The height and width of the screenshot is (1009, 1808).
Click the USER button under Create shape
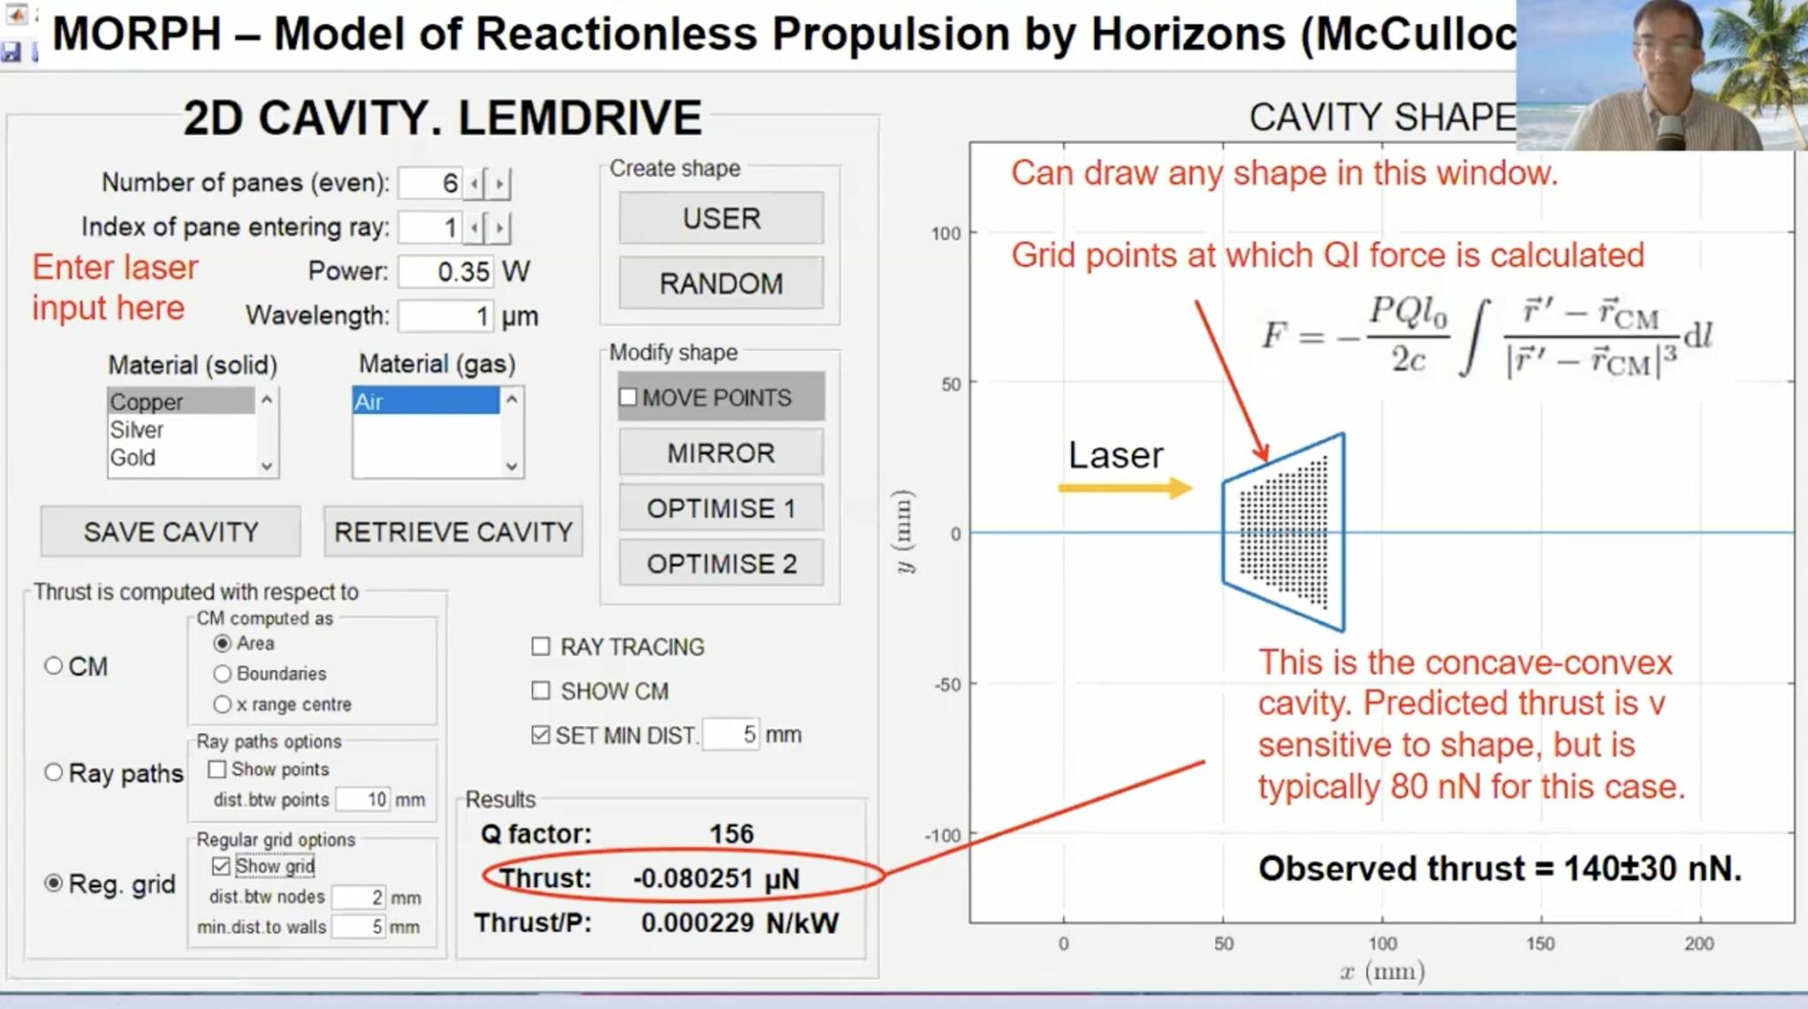(x=720, y=218)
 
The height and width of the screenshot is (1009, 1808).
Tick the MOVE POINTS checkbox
(x=629, y=397)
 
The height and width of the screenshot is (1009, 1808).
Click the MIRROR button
(x=720, y=453)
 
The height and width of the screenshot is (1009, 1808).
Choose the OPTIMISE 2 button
(x=720, y=563)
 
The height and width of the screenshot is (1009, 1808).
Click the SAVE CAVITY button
(x=170, y=531)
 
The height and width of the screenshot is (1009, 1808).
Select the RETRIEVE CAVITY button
(x=453, y=531)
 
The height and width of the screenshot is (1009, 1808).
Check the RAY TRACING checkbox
(x=541, y=647)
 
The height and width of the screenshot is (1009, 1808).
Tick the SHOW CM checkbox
(x=541, y=690)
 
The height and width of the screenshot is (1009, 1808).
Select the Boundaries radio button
(x=222, y=674)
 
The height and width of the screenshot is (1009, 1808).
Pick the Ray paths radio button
(x=54, y=772)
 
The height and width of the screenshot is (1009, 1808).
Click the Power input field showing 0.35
(x=445, y=271)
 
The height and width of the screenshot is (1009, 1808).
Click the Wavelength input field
(x=445, y=316)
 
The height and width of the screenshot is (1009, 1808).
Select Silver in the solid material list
(x=138, y=430)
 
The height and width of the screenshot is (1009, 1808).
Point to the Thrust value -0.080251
(x=692, y=878)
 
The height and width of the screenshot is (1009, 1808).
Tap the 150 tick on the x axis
(x=1541, y=943)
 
